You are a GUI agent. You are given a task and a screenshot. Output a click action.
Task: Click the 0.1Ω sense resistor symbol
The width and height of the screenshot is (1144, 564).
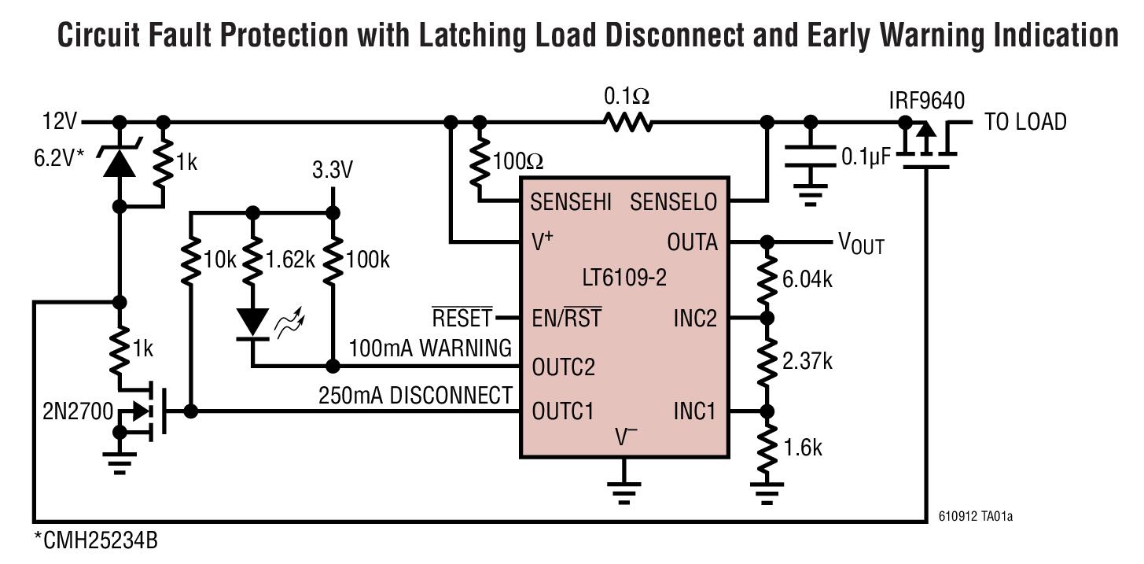[x=627, y=122]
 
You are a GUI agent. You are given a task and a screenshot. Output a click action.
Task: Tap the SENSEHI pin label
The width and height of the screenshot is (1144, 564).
[x=570, y=202]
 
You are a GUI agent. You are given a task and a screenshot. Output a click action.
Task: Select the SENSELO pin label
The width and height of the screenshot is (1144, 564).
[x=674, y=202]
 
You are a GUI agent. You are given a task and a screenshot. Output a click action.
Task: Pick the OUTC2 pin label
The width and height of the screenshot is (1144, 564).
[x=563, y=367]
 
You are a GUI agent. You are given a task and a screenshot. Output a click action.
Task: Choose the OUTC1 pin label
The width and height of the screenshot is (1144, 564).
[x=562, y=411]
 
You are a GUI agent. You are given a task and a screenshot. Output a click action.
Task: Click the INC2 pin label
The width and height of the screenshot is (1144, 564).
[x=695, y=319]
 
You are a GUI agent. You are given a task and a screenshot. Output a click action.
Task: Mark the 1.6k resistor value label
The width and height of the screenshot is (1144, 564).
[x=802, y=448]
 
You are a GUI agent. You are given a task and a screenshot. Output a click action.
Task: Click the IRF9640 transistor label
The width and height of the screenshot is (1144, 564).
[x=927, y=100]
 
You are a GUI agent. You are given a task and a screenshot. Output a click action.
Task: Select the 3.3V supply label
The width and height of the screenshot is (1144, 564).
[x=333, y=171]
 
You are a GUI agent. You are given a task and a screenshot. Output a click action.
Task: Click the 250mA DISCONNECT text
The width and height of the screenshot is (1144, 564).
[x=415, y=395]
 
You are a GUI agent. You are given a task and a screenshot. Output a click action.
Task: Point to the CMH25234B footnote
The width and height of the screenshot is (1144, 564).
[x=96, y=541]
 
